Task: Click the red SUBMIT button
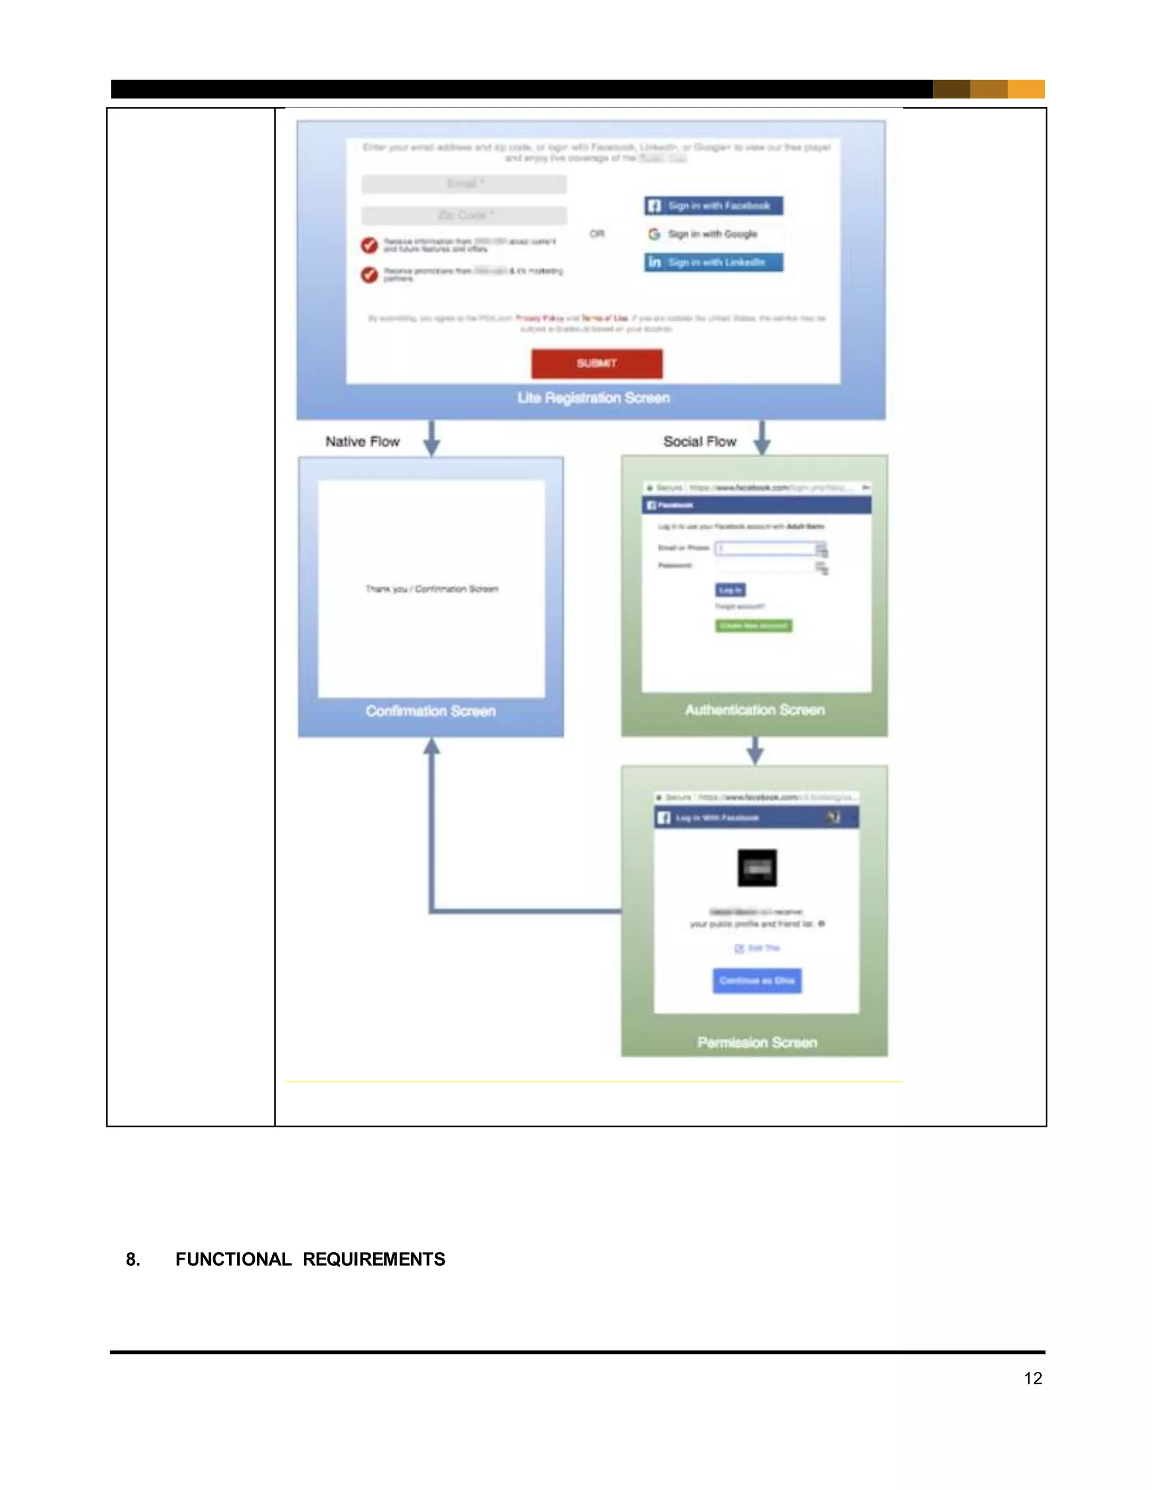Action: [596, 363]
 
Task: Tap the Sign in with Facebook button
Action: [713, 205]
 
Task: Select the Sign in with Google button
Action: [713, 234]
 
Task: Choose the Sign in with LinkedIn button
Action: [713, 262]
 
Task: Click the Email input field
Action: [463, 183]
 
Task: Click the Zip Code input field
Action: [463, 215]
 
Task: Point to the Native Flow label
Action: [362, 441]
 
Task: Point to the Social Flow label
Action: [700, 441]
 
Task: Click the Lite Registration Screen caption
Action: [593, 398]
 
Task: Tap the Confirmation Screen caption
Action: [431, 711]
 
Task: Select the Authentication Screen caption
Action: [755, 710]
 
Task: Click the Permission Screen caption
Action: [757, 1042]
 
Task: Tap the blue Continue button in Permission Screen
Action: [757, 981]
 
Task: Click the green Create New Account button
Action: [753, 626]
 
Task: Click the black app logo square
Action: [757, 868]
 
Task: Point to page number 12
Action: [1033, 1378]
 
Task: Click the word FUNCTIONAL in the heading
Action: [233, 1259]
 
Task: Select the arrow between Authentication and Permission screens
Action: [755, 751]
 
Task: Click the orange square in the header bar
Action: [1026, 89]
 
